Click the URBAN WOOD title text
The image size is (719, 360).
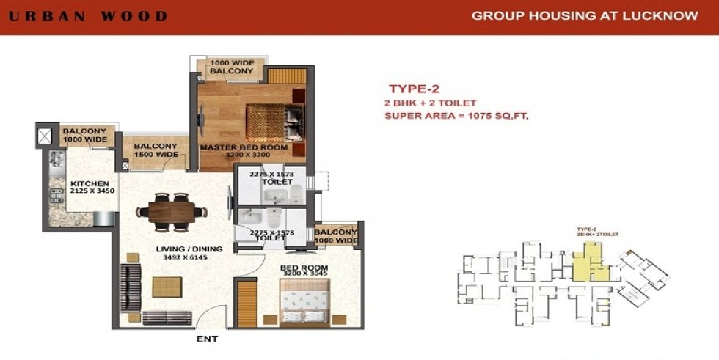pos(89,16)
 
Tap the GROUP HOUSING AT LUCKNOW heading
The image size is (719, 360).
pos(584,15)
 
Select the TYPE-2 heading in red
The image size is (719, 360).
pos(415,89)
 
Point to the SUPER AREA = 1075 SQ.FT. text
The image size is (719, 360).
pos(456,115)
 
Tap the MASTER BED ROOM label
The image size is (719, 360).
pos(244,147)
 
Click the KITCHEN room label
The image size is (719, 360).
pos(90,183)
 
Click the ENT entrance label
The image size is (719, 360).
pos(208,339)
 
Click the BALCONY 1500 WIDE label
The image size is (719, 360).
pos(156,150)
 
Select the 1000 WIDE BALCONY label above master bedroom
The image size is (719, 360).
pos(232,67)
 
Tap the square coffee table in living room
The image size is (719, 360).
pos(166,287)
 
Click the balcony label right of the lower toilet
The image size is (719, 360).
pos(336,236)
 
